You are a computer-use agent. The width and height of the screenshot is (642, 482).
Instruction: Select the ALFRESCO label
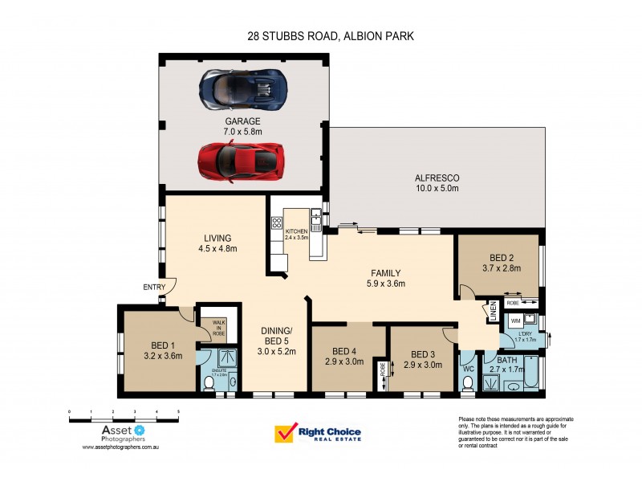(x=436, y=178)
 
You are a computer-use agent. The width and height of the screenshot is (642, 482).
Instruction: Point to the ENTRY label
(x=153, y=287)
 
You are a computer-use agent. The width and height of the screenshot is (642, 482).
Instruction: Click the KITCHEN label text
(x=296, y=231)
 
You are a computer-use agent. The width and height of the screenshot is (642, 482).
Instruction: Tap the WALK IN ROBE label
(x=218, y=327)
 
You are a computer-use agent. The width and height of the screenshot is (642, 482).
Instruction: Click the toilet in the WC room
(x=468, y=383)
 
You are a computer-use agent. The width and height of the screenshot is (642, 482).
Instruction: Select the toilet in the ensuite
(x=209, y=384)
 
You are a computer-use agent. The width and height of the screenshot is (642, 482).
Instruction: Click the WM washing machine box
(x=515, y=321)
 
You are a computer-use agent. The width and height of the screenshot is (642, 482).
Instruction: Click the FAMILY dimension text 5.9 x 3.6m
(x=385, y=284)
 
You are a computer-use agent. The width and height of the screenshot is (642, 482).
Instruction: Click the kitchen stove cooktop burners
(x=278, y=223)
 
